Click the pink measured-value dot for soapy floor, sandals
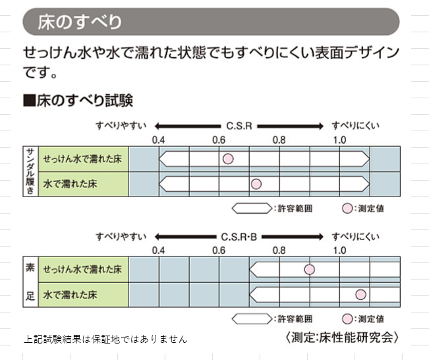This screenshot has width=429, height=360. coord(228,159)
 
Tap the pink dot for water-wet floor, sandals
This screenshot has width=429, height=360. coord(256,184)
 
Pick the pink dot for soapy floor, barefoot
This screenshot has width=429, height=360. coord(309,269)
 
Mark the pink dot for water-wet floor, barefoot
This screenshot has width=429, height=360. coord(360,294)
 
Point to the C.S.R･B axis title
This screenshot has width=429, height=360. coord(239,235)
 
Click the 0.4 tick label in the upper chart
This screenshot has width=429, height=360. coord(159,140)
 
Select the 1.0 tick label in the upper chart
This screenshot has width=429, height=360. coord(339,140)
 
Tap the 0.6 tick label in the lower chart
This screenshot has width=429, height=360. coord(219,250)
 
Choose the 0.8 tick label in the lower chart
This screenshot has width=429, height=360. coord(279,250)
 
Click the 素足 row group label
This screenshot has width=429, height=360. coord(30,282)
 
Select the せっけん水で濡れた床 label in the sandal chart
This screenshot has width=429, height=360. coord(82,160)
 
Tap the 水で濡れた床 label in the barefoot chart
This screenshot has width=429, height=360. coord(70,295)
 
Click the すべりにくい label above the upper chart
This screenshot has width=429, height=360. coord(356,125)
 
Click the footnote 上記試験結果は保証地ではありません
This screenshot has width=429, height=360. coord(105,339)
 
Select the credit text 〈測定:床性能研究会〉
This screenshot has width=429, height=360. coord(343,337)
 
